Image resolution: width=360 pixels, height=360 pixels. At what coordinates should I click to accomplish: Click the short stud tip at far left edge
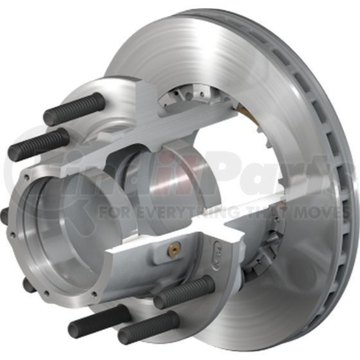pyautogui.click(x=4, y=216)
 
